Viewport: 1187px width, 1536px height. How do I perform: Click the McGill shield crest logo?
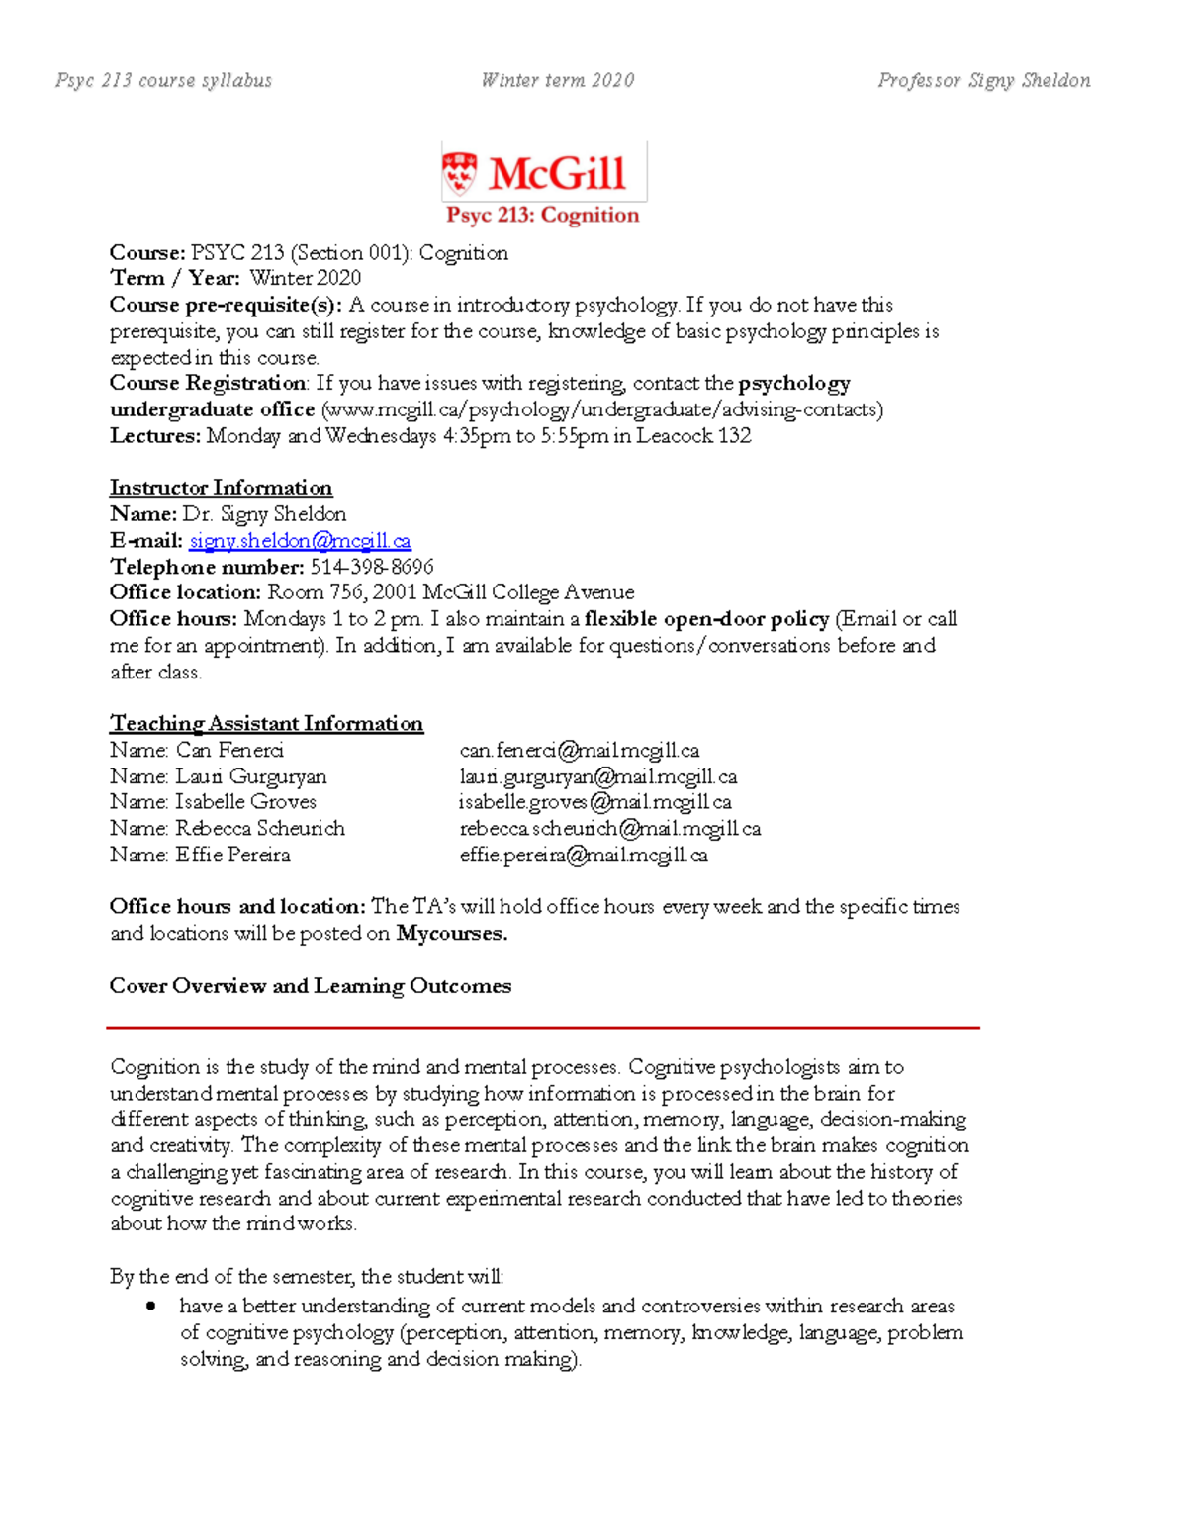459,173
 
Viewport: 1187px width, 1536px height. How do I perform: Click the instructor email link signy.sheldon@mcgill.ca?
300,541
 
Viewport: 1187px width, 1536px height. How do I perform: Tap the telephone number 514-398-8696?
372,567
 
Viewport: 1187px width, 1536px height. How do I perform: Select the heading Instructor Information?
221,488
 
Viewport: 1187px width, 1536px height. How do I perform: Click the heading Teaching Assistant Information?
266,724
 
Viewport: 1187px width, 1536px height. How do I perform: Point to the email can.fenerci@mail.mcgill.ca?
580,751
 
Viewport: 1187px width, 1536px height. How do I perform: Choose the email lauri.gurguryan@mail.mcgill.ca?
598,777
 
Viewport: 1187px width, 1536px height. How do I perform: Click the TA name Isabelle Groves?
245,802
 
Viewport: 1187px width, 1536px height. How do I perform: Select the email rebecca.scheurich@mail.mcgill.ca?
610,829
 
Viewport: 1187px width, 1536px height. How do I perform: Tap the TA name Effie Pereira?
232,855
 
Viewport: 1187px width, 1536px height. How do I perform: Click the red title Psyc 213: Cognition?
542,216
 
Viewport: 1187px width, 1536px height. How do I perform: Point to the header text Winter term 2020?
558,80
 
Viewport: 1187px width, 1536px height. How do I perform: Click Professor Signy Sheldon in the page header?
984,80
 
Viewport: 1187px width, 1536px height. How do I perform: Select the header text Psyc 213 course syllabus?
164,80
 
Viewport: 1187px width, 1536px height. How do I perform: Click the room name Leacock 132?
693,436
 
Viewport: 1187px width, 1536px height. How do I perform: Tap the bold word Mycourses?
451,934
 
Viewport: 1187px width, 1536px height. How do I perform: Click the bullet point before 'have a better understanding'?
150,1307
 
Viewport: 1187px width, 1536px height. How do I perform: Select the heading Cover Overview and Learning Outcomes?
311,986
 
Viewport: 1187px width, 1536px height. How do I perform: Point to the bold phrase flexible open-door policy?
706,619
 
